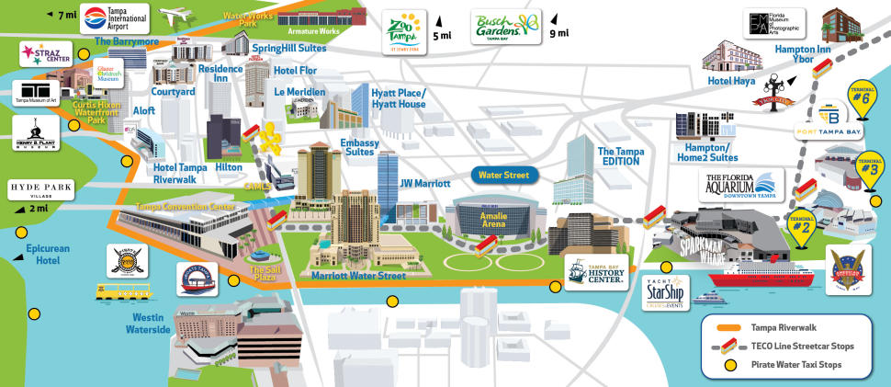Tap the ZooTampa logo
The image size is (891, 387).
(x=405, y=34)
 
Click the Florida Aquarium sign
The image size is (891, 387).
(x=742, y=184)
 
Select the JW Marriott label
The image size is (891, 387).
(x=424, y=184)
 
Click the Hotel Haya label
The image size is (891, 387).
(x=731, y=81)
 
